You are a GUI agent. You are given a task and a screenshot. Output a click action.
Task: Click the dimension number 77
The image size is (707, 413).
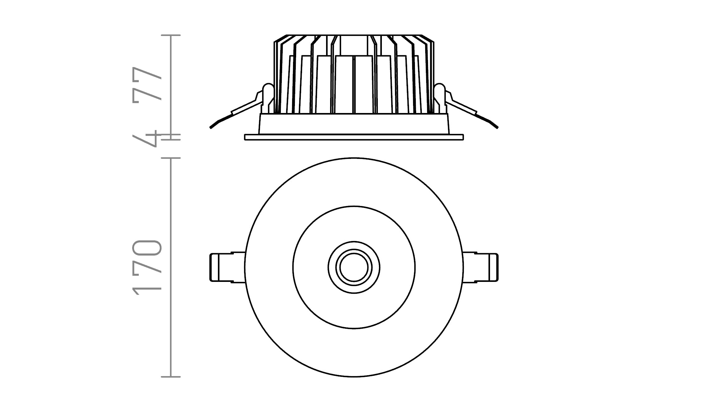(147, 84)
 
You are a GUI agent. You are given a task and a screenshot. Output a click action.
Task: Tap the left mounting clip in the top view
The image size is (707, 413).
(227, 268)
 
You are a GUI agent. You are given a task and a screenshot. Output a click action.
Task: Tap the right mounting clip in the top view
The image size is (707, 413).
(481, 268)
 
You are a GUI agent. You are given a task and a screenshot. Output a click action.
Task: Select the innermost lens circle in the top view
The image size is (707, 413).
(354, 268)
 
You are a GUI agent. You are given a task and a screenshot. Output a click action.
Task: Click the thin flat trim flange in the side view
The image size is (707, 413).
(354, 137)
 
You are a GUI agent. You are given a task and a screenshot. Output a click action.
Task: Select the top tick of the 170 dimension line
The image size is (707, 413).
(171, 158)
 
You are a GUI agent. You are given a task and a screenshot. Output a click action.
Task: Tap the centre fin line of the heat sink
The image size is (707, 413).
(354, 84)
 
